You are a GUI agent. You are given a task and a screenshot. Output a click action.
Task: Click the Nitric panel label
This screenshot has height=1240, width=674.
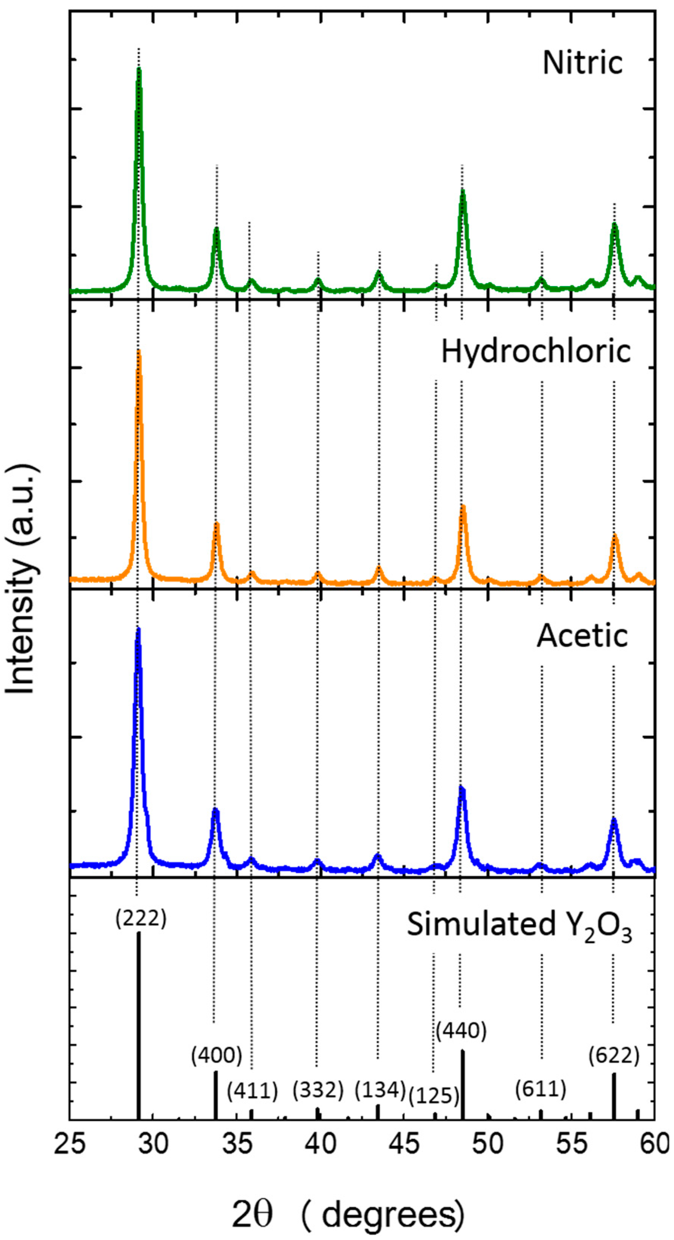coord(582,63)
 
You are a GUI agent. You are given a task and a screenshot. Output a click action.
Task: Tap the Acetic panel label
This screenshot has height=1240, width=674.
coord(582,636)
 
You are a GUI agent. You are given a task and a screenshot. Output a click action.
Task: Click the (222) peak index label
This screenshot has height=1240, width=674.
coord(141,919)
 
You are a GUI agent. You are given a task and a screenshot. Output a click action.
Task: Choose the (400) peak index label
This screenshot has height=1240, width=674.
coord(216,1056)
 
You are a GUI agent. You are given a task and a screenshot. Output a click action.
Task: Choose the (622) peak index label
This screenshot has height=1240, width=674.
coord(614,1056)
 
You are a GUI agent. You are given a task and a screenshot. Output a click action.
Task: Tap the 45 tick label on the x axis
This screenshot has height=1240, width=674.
coord(404,1143)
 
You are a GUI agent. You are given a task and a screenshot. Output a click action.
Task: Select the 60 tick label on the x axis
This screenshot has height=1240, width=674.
coord(654,1143)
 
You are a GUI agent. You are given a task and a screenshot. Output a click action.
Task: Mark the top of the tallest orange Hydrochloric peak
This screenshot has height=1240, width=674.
coord(139,352)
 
